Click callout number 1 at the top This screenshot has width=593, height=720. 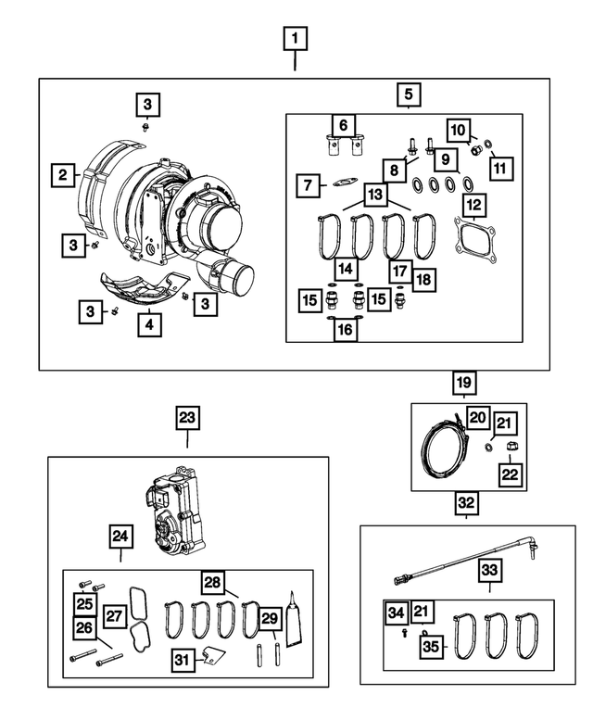click(x=295, y=39)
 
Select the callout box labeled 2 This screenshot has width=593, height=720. click(x=63, y=173)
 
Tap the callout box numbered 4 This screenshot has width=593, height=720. click(x=148, y=324)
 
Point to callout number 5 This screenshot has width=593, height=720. click(x=408, y=94)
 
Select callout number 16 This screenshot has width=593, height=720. click(x=344, y=330)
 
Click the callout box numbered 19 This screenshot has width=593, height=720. click(x=463, y=381)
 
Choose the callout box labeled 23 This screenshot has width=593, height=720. click(x=187, y=418)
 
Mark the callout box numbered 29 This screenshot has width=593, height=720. click(x=269, y=618)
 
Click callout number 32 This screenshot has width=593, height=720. click(x=466, y=504)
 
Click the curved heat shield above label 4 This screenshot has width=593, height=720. click(x=148, y=287)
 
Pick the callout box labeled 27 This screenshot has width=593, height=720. click(x=115, y=616)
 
